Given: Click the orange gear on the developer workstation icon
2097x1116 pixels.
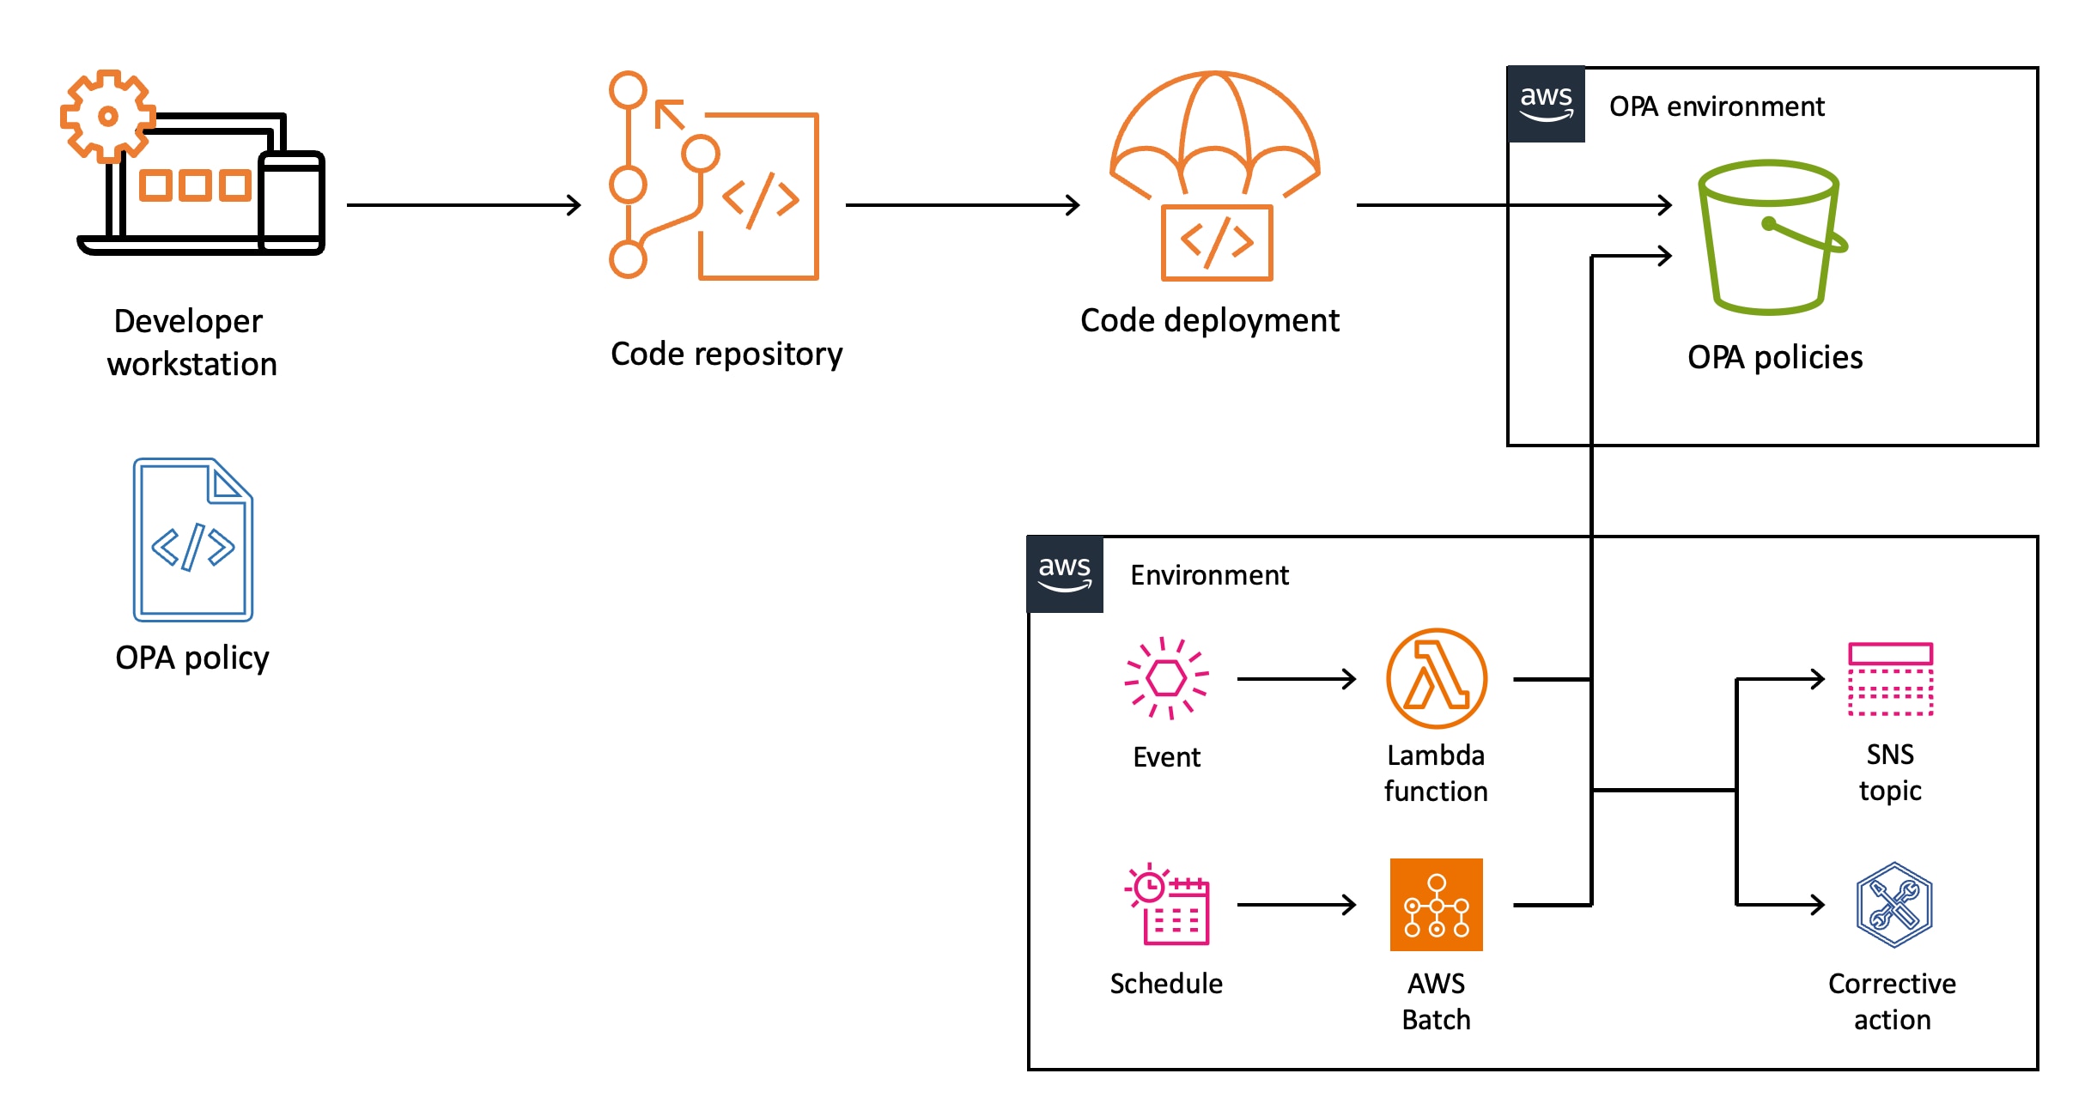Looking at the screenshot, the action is pos(107,116).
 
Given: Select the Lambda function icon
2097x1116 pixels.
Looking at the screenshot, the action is pos(1436,679).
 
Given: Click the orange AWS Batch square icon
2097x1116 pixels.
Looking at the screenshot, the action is pos(1436,905).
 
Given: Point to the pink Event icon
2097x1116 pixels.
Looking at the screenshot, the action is pos(1166,678).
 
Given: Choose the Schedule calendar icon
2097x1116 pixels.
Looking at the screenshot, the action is pos(1168,905).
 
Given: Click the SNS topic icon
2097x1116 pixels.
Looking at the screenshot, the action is pos(1890,679).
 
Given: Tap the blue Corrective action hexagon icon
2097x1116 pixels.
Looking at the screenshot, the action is pos(1893,905).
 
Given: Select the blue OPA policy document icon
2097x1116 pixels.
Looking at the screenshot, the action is pos(192,540).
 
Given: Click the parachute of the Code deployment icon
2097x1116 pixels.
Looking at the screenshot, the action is pos(1214,129).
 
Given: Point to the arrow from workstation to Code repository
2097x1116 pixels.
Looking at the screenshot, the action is pos(464,205).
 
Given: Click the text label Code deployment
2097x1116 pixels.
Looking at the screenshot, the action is pos(1209,321).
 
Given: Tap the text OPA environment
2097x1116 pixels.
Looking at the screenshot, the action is pos(1716,106).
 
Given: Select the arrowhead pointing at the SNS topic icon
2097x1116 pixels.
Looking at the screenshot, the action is pos(1817,679).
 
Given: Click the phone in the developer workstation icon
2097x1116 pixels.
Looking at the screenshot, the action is pos(292,203).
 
